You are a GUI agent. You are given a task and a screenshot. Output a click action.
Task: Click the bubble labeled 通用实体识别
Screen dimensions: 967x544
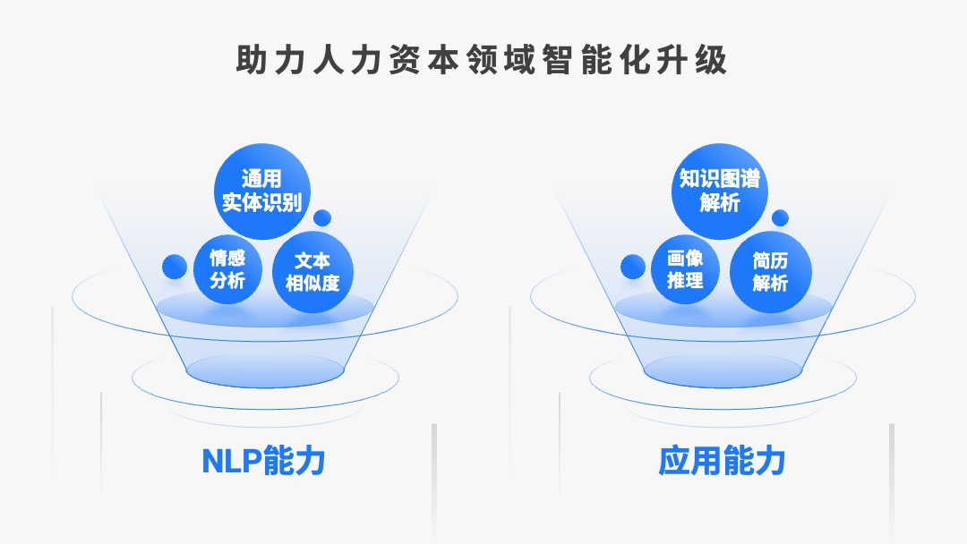[x=262, y=191]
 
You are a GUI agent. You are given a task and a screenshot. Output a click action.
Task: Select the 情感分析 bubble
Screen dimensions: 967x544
[x=227, y=270]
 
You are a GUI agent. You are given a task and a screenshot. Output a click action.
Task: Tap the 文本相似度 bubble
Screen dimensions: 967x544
[x=312, y=272]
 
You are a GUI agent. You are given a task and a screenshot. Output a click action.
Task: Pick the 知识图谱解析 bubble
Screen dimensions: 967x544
[x=720, y=191]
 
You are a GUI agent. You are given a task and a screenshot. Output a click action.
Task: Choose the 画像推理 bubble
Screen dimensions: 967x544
[x=685, y=270]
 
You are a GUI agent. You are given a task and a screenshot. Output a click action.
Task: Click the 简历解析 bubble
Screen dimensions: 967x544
[x=770, y=272]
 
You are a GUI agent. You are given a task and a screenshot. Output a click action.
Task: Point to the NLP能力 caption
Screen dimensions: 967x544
[x=263, y=460]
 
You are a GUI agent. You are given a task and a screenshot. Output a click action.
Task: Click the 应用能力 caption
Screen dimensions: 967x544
[x=722, y=460]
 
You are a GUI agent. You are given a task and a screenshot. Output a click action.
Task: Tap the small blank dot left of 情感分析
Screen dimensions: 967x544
[x=175, y=267]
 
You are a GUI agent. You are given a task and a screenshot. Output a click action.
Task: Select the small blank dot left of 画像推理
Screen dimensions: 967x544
[x=633, y=267]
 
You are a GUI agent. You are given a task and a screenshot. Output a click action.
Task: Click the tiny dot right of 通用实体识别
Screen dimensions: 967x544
[x=322, y=218]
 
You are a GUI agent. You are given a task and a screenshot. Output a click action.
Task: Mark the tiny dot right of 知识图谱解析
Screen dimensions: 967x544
[x=780, y=218]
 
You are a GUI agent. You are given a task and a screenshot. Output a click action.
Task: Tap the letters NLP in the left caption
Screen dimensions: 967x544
[x=232, y=461]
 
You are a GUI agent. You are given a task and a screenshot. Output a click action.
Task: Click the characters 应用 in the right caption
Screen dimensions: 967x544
[x=689, y=460]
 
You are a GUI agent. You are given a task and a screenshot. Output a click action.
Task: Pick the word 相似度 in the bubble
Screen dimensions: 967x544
[x=312, y=283]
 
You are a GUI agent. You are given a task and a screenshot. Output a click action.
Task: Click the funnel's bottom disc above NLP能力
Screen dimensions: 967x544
[x=264, y=371]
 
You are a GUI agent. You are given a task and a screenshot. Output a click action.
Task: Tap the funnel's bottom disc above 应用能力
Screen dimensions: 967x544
[x=723, y=371]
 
